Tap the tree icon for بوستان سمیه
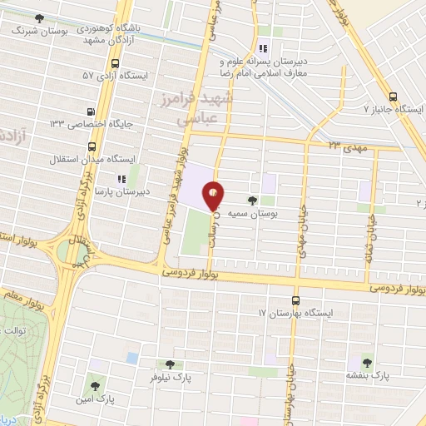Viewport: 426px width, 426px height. coord(252,201)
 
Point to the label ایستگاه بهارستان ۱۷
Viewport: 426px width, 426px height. coord(295,314)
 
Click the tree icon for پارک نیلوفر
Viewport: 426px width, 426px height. coord(171,364)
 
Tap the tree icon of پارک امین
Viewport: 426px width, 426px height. coord(94,385)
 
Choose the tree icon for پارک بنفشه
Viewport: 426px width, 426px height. coord(367,361)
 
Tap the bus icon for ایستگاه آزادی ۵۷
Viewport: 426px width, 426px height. coord(114,62)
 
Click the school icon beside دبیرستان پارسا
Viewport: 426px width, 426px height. coord(122,178)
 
